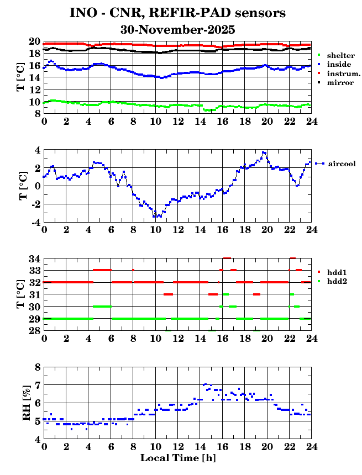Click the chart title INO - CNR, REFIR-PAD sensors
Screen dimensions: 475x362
click(178, 12)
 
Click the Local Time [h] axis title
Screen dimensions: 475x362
click(178, 458)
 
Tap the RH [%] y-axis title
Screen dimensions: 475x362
click(24, 403)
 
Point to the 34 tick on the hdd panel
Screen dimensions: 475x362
click(35, 258)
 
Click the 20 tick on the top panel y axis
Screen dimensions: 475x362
click(35, 41)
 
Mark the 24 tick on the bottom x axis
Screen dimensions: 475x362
click(312, 446)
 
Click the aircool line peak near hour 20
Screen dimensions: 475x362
click(265, 152)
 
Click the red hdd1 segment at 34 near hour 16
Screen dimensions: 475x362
click(227, 258)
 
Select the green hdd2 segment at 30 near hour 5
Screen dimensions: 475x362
click(102, 306)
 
